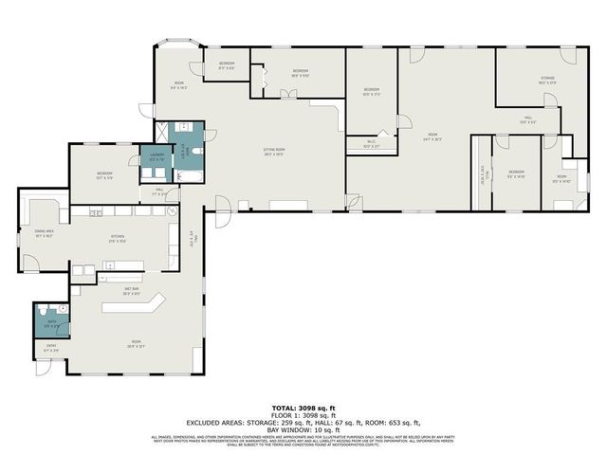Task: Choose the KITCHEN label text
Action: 117,239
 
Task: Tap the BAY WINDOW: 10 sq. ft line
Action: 303,430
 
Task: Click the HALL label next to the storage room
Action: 528,121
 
